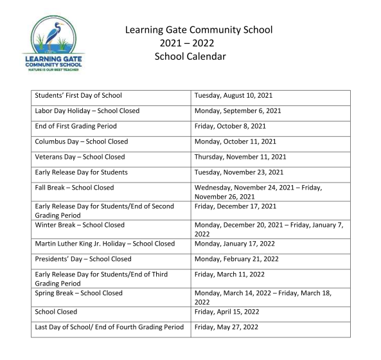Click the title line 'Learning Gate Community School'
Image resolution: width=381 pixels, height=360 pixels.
[199, 30]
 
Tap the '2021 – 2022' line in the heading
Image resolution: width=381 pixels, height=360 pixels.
[186, 43]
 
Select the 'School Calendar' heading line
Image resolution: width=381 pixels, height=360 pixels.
[190, 56]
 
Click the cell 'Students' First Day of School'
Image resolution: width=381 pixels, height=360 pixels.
[78, 96]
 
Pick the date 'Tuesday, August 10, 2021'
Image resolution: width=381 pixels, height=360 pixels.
[233, 96]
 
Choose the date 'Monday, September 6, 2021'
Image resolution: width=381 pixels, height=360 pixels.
[238, 111]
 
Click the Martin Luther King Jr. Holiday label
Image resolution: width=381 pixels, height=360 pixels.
[105, 244]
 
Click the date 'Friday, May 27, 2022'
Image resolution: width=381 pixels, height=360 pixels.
[226, 327]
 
